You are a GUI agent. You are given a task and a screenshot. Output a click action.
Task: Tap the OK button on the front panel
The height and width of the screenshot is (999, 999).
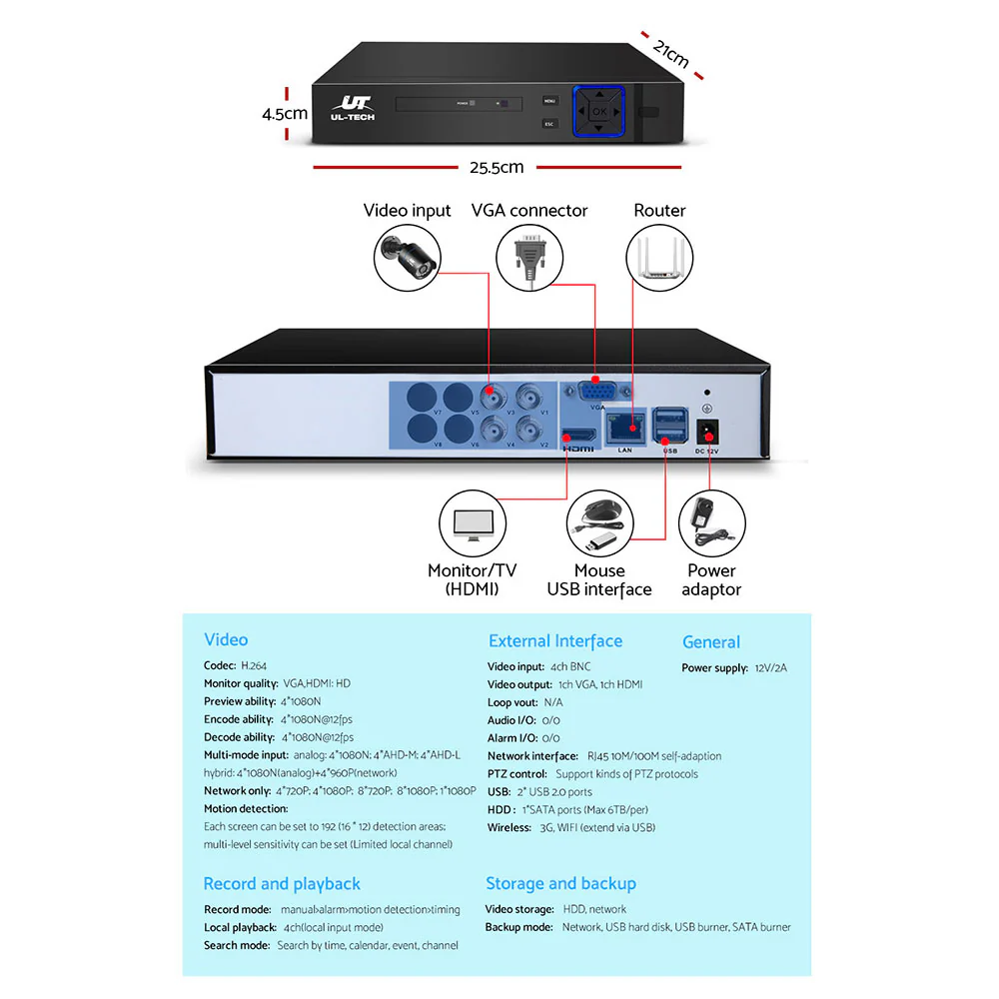(x=598, y=111)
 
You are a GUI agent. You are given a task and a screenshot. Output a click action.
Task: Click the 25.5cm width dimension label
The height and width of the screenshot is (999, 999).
(x=497, y=167)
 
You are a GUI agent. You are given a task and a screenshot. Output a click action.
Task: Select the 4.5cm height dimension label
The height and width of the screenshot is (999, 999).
(x=284, y=113)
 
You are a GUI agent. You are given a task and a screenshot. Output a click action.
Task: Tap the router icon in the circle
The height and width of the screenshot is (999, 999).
(x=659, y=257)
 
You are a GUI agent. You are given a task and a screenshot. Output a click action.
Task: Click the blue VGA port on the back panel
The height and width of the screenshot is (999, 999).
(x=598, y=390)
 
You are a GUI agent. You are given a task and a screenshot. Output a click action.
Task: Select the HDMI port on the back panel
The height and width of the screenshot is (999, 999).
(x=578, y=437)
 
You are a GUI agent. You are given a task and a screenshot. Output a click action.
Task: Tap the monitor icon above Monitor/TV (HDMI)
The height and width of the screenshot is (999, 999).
(x=474, y=524)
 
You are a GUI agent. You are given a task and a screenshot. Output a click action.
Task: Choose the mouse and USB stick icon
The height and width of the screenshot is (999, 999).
(x=599, y=525)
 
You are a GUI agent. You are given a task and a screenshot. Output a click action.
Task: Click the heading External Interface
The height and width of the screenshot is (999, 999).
(x=554, y=641)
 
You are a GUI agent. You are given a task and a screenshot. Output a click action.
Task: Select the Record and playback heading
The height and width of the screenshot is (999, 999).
(x=282, y=884)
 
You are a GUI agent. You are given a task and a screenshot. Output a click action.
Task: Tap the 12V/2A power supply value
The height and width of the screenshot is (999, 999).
(x=769, y=667)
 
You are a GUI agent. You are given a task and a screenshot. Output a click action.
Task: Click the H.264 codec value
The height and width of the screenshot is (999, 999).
(x=254, y=665)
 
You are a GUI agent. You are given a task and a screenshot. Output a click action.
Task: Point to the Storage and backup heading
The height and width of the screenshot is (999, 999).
(x=560, y=883)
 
